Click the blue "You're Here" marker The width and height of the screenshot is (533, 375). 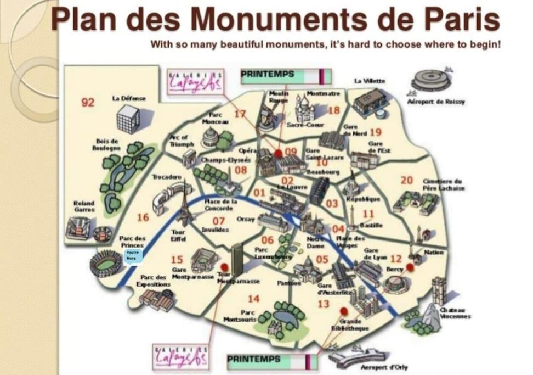[x=132, y=255]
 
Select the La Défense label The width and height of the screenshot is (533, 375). [x=129, y=98]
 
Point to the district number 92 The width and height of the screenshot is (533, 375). [x=88, y=103]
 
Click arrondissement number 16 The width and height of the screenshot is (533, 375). [x=143, y=217]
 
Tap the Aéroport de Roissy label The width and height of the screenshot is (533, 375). [x=436, y=102]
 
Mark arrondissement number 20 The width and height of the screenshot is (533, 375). [x=406, y=180]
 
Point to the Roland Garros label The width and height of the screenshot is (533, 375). [x=84, y=206]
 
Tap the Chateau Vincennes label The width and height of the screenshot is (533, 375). [x=452, y=313]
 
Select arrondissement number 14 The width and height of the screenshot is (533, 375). [x=253, y=299]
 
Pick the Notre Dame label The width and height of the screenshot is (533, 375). [x=316, y=242]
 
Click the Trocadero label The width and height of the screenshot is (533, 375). [x=167, y=177]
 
